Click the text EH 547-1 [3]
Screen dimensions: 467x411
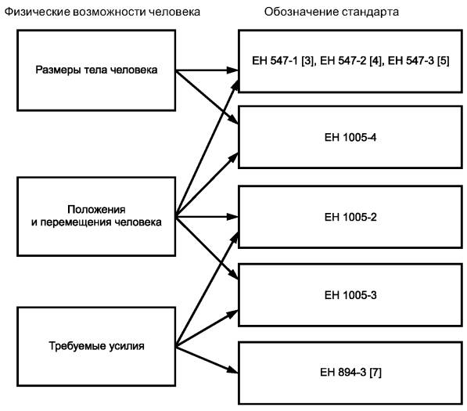pos(283,61)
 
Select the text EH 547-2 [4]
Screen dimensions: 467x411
pos(350,61)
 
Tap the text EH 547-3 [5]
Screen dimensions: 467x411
pos(419,61)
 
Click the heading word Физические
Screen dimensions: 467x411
pos(38,12)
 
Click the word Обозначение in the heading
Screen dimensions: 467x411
pos(301,12)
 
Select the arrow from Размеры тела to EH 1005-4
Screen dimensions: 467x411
pos(207,97)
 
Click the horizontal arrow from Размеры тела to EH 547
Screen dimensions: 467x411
pos(207,70)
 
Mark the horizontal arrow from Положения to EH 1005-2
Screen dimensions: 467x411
pos(207,217)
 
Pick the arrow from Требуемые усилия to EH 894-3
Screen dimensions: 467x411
pos(207,360)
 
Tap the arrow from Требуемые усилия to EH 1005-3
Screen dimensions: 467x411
pos(207,329)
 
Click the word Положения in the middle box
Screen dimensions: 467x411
pos(96,210)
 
